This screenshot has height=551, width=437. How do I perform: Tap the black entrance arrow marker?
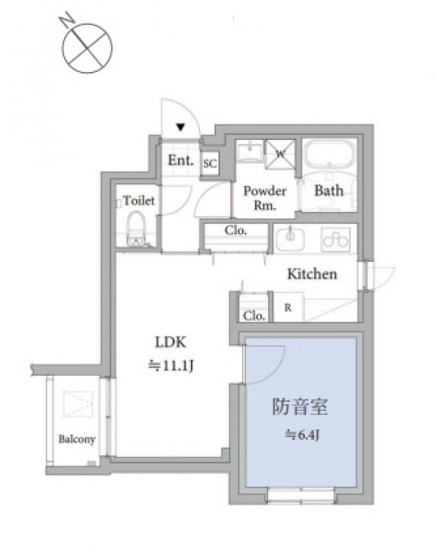[180, 127]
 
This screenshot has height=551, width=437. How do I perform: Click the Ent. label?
[180, 161]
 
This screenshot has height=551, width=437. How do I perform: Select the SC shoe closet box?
[210, 163]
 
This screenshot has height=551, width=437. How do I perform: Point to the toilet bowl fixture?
[136, 228]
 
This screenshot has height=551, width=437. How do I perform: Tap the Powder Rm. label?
[265, 198]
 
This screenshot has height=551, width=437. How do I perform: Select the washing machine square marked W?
[280, 154]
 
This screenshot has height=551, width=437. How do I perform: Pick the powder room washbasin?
[250, 152]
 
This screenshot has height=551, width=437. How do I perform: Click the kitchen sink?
[290, 239]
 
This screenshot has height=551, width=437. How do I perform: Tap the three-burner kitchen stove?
[335, 240]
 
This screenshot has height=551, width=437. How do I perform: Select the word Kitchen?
[312, 274]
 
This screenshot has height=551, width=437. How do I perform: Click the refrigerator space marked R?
[288, 307]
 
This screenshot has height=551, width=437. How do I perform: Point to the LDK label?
[170, 342]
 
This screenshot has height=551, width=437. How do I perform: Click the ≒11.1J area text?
[171, 366]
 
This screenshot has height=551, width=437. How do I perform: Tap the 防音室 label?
[300, 407]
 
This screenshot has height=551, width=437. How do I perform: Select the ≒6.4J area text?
[302, 435]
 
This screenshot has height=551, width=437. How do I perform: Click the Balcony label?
[77, 439]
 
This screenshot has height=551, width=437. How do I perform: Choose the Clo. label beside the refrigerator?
[254, 316]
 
